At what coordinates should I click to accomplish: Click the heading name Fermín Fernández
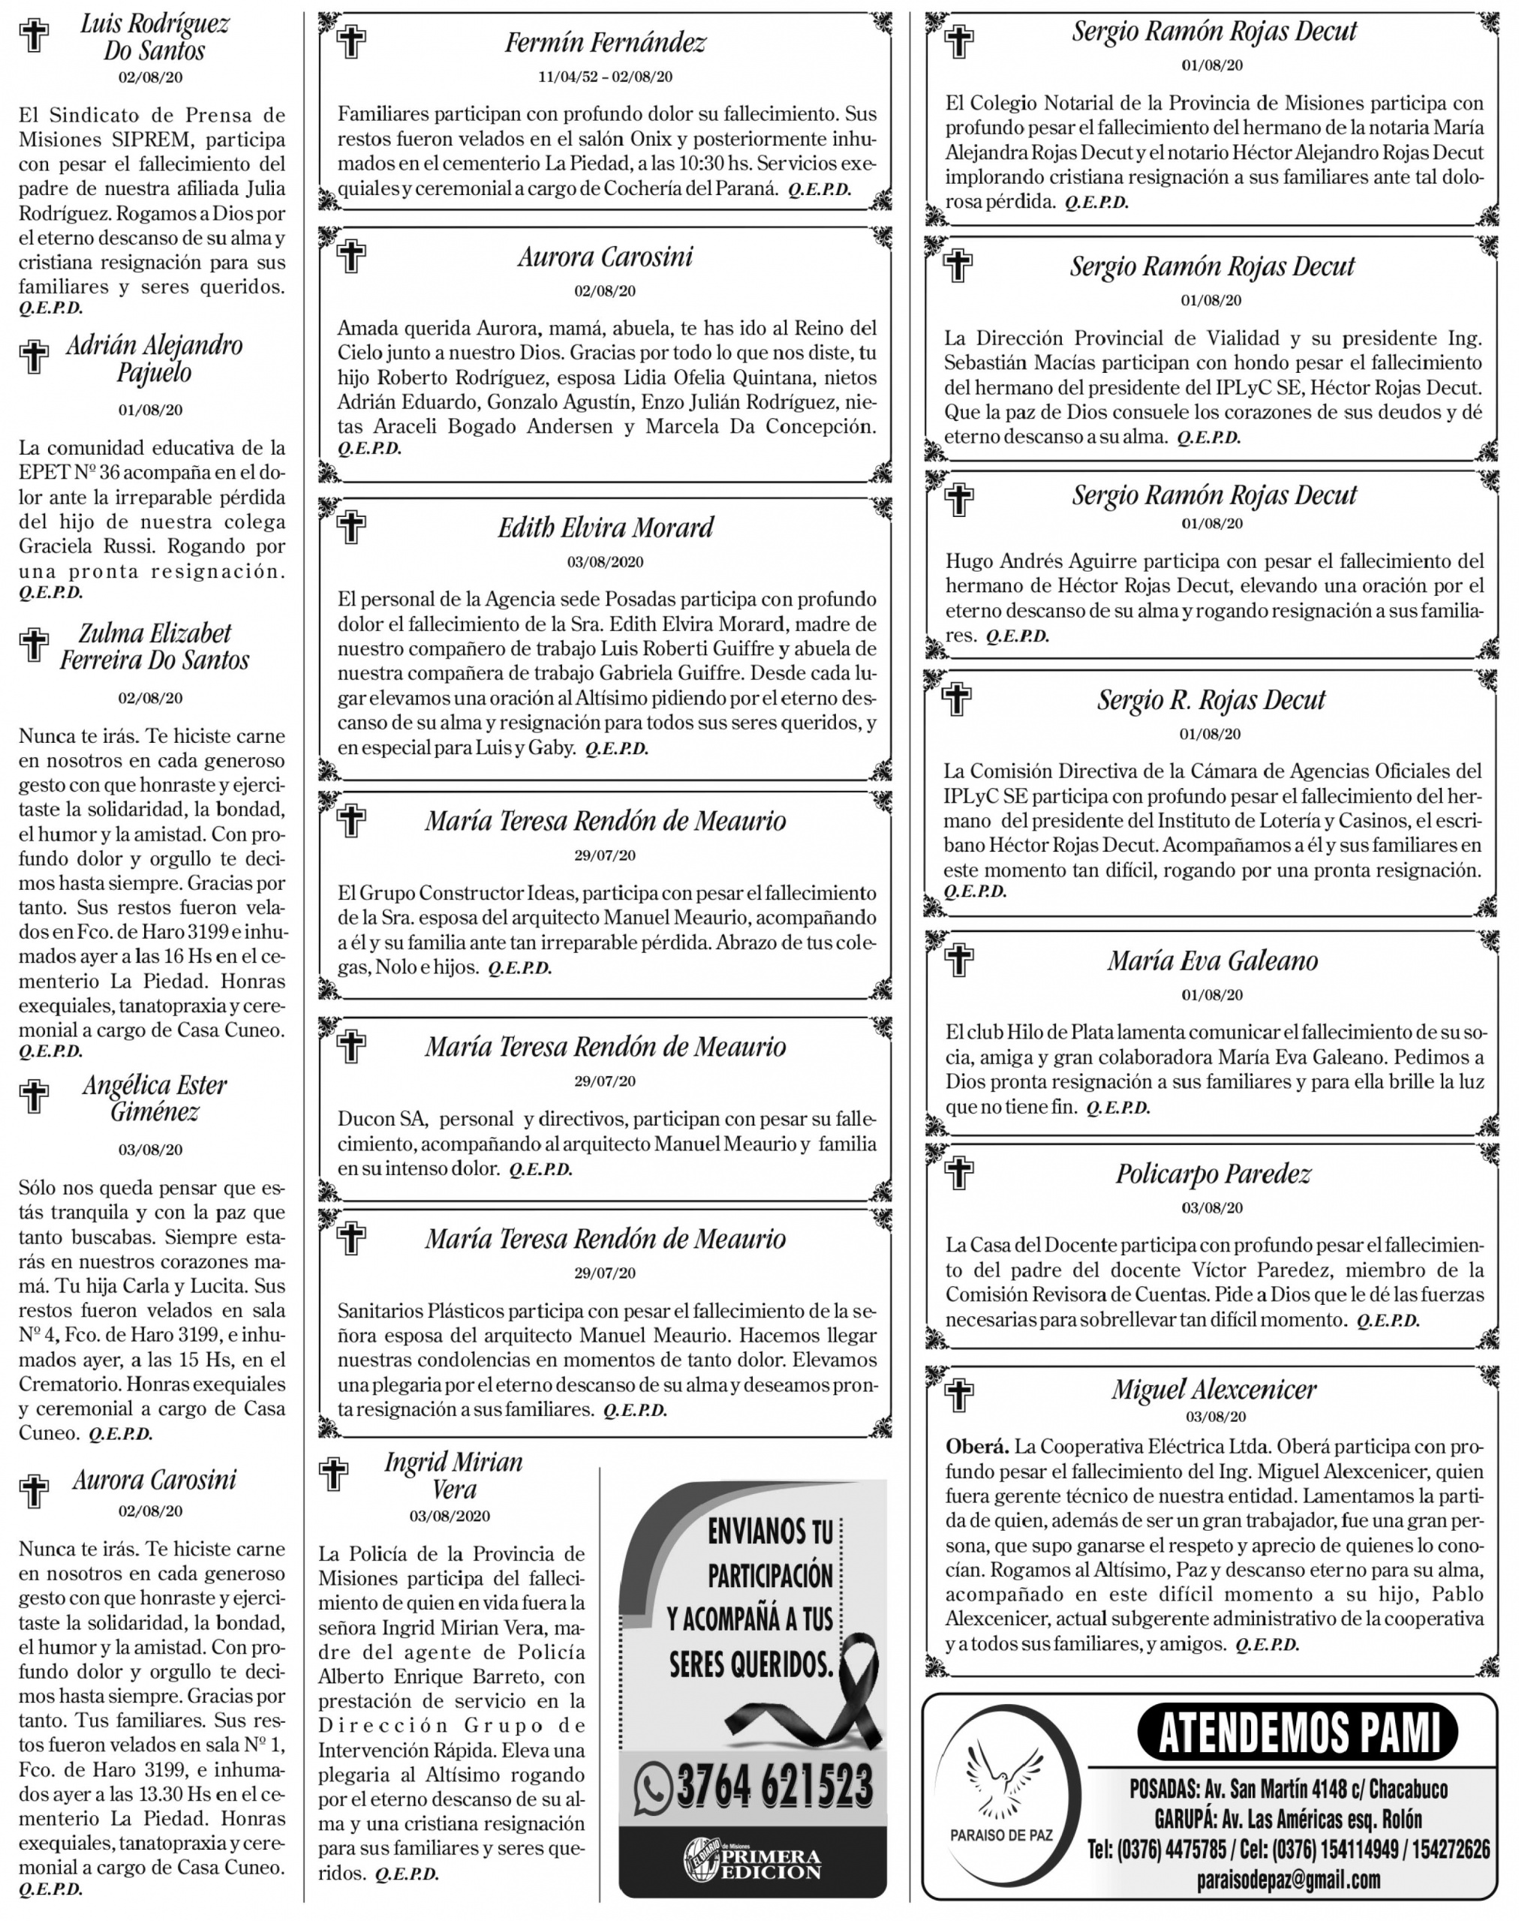605,42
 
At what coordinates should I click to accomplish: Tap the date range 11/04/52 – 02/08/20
605,77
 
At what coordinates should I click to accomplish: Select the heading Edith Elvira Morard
605,528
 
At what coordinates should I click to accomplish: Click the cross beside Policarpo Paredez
958,1173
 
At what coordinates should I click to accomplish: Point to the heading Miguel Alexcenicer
1213,1389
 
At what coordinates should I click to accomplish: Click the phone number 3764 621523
774,1786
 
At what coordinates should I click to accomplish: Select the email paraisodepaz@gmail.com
1289,1879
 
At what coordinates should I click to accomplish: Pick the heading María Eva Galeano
1212,960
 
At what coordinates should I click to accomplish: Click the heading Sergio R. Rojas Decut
1211,700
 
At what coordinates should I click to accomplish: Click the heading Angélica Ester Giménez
155,1099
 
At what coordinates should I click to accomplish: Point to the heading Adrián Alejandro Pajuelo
155,359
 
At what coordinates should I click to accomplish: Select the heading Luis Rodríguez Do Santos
155,37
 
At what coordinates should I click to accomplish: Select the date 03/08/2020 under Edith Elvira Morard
605,562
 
